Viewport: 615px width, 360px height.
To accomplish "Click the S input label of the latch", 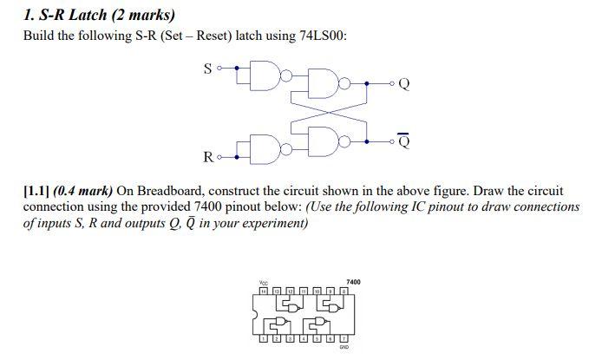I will click(x=207, y=69).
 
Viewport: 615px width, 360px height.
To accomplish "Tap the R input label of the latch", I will click(x=207, y=157).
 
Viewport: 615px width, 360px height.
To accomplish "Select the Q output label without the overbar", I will click(x=404, y=84).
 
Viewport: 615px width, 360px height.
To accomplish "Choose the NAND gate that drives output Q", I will click(x=332, y=83).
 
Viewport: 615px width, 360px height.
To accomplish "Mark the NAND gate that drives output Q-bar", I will click(x=332, y=138).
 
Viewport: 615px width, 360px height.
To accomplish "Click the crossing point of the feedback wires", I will click(x=327, y=111).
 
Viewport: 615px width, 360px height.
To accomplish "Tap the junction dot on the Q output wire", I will click(x=366, y=83).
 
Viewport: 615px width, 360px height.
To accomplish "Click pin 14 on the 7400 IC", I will click(x=264, y=291).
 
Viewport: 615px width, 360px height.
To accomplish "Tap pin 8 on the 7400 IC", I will click(x=343, y=291).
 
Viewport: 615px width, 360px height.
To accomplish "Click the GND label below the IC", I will click(x=343, y=347).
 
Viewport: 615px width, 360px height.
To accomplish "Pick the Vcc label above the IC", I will click(x=264, y=282).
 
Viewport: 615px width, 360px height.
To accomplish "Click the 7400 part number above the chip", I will click(x=353, y=282).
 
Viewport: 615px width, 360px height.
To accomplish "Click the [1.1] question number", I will click(x=36, y=190).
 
